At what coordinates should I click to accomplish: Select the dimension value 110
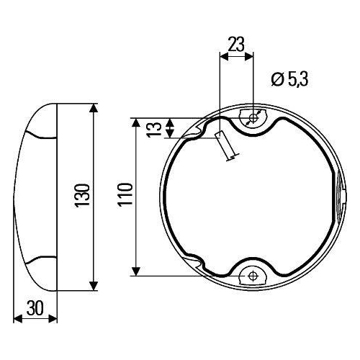click(x=125, y=196)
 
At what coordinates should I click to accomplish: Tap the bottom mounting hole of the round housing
click(x=252, y=274)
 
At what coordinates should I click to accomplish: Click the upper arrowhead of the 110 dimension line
click(x=136, y=123)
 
